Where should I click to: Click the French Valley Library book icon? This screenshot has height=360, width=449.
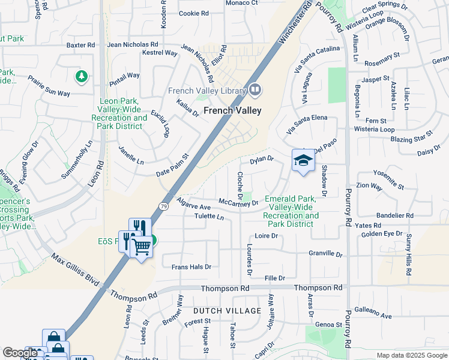pyautogui.click(x=255, y=91)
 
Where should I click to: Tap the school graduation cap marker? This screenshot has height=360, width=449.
pyautogui.click(x=303, y=160)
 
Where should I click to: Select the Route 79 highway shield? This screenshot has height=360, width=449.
pyautogui.click(x=163, y=206)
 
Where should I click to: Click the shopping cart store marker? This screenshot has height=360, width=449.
pyautogui.click(x=141, y=245)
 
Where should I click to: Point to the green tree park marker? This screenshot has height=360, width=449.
pyautogui.click(x=81, y=77)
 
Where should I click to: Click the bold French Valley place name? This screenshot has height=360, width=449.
pyautogui.click(x=232, y=110)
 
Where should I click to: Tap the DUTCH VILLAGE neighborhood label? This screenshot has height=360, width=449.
pyautogui.click(x=227, y=311)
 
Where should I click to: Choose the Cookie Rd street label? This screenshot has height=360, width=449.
pyautogui.click(x=193, y=13)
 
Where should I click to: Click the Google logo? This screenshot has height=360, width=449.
pyautogui.click(x=20, y=353)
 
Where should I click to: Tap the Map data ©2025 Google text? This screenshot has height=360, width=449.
pyautogui.click(x=411, y=355)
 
